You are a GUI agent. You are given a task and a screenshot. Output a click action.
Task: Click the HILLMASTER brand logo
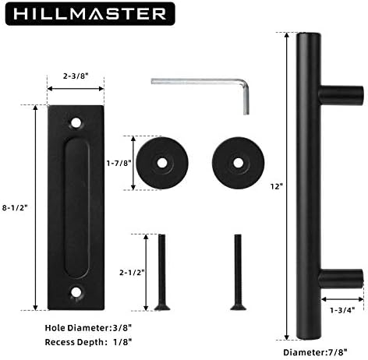click(x=90, y=14)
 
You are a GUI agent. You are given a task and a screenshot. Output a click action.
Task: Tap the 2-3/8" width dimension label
click(x=76, y=76)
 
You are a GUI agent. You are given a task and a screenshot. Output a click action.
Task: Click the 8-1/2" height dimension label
click(x=15, y=207)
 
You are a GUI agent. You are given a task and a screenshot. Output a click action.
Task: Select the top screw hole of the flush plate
click(x=76, y=123)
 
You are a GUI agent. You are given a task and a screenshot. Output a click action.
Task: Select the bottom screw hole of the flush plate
click(x=76, y=292)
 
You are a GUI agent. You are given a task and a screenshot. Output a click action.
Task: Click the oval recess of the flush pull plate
click(x=77, y=207)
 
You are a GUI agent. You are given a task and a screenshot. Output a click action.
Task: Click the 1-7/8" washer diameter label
click(x=119, y=163)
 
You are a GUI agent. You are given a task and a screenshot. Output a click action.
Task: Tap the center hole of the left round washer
click(x=162, y=163)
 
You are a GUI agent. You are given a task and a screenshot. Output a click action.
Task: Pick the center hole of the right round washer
click(x=238, y=163)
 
